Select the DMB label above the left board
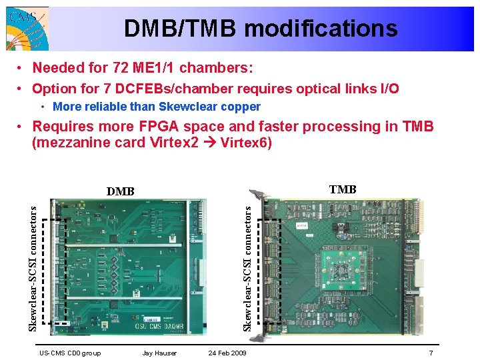(x=121, y=192)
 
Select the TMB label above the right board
(x=343, y=190)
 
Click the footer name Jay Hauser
(x=160, y=353)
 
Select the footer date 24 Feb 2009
(x=227, y=353)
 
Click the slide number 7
(x=431, y=353)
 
